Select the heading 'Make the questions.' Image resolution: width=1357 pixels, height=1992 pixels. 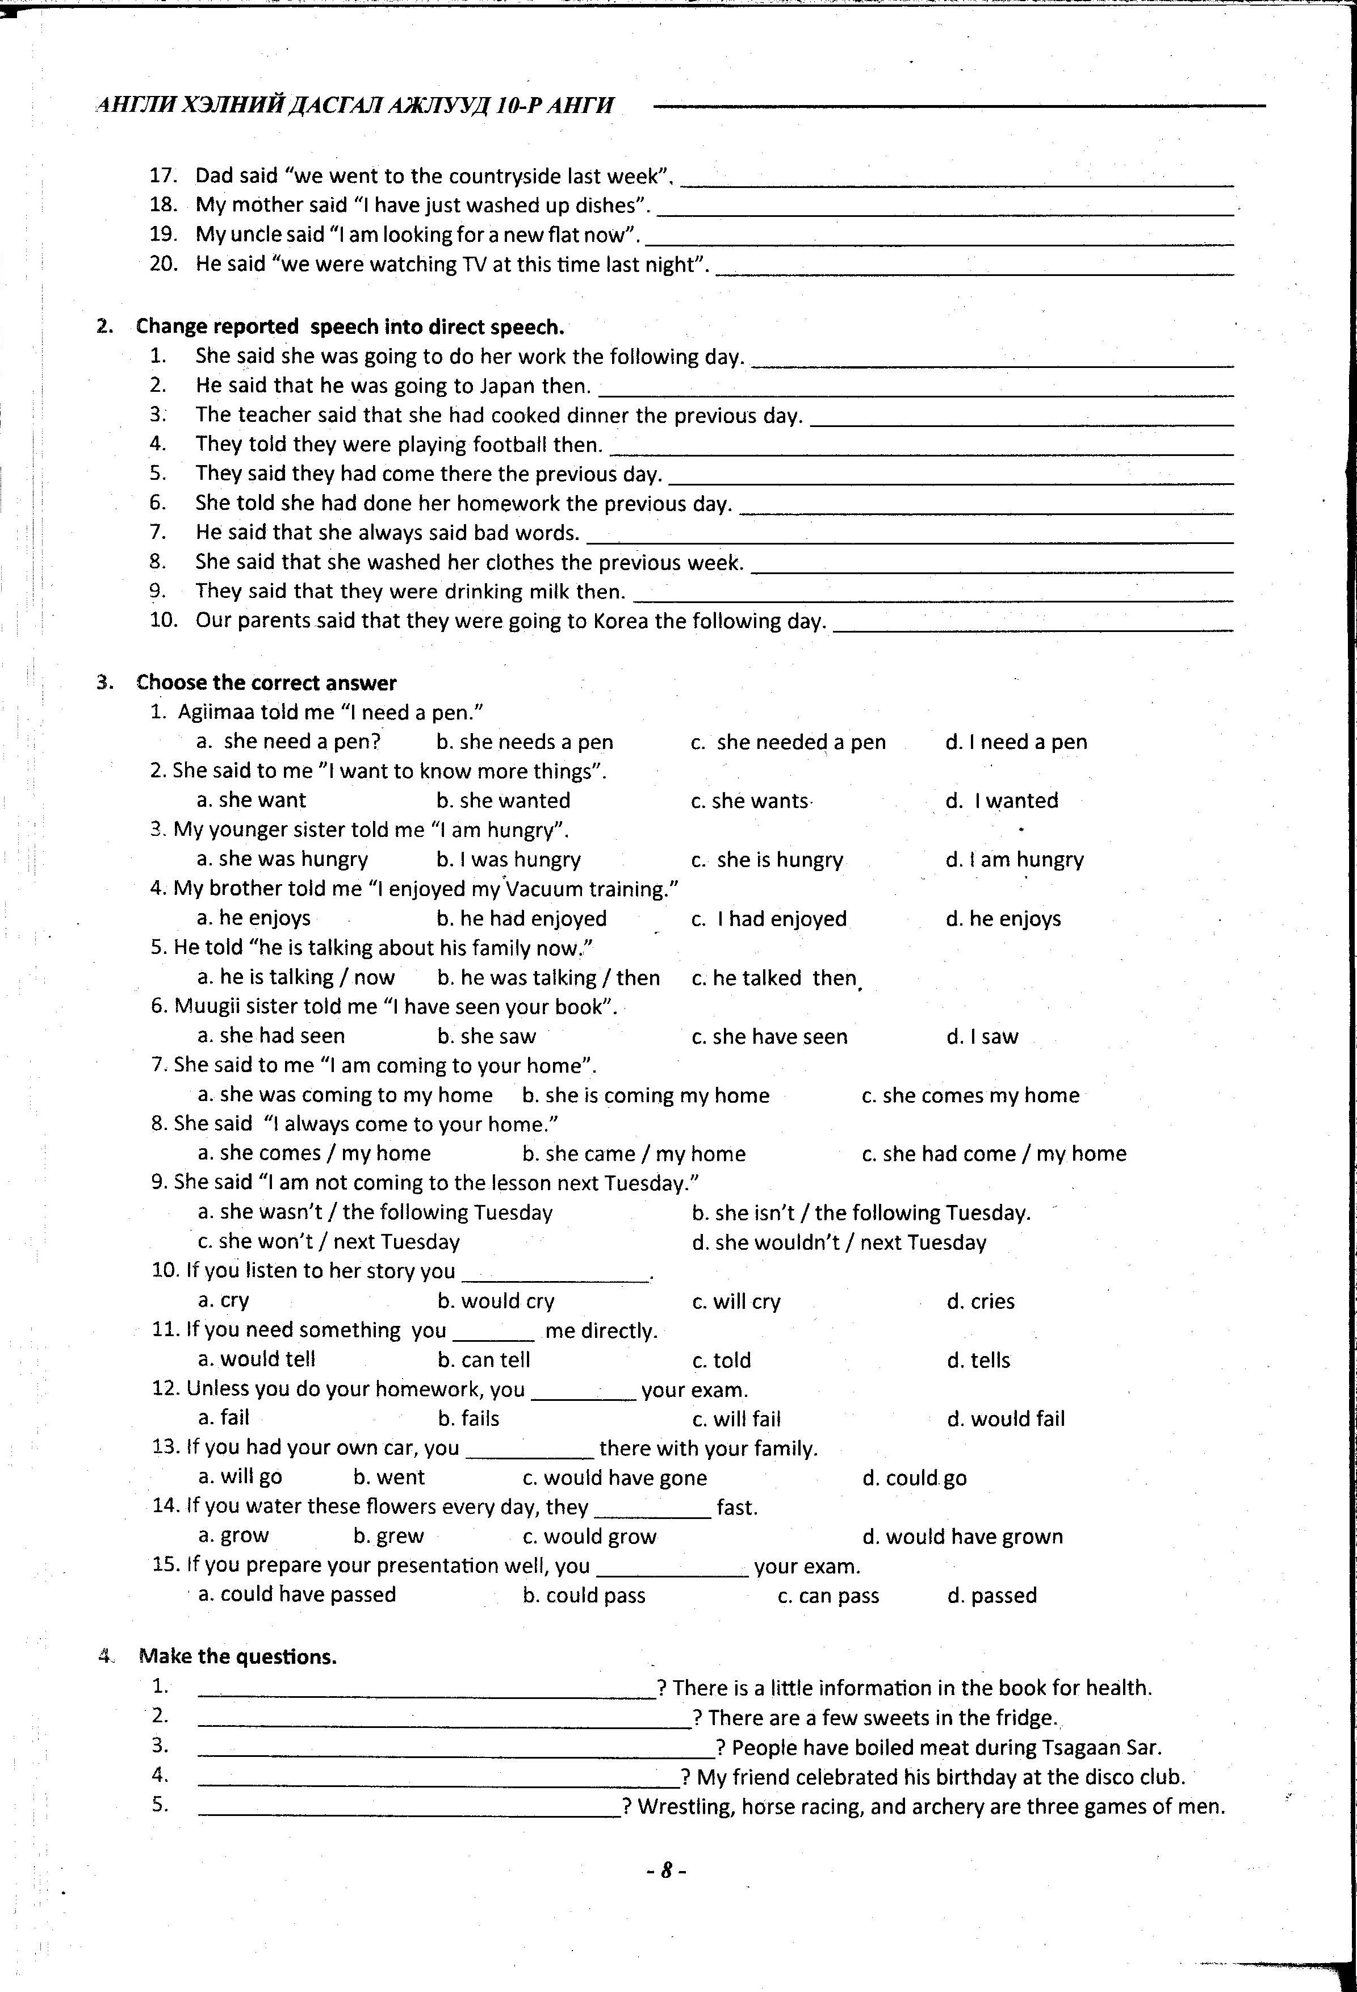[237, 1656]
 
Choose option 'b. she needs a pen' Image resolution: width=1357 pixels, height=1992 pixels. [525, 742]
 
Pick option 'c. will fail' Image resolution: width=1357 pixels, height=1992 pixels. [736, 1418]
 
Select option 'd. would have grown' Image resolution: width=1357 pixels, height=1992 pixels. [962, 1536]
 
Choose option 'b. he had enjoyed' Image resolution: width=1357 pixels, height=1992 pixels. [521, 918]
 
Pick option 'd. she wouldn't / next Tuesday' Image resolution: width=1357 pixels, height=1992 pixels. [839, 1242]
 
